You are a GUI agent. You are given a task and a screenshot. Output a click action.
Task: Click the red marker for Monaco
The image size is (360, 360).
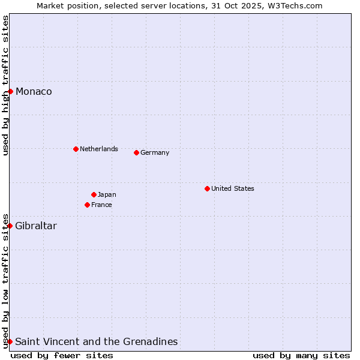point(10,91)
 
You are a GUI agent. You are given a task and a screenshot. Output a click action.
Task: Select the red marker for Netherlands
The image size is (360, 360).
point(76,149)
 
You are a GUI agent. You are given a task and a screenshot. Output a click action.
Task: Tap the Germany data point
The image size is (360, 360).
point(136,152)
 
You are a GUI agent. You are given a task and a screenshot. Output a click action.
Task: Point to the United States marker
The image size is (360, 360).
point(207,188)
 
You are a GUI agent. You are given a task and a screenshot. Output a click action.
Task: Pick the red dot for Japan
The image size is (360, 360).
point(94,194)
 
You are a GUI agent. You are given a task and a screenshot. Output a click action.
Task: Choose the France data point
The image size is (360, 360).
point(87,205)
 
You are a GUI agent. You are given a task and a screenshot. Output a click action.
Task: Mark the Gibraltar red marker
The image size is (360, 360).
point(10,226)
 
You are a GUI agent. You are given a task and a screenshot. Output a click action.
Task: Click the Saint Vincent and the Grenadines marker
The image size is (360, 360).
point(10,341)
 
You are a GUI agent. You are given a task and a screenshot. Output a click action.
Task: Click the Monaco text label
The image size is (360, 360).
point(34,91)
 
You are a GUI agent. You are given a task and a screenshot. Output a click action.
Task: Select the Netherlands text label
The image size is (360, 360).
point(98,149)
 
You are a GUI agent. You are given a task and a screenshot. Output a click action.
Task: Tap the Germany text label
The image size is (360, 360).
point(155,152)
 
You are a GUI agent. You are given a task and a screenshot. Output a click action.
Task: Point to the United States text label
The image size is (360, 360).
point(232,188)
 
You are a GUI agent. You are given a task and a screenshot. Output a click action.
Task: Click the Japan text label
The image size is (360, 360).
point(107,194)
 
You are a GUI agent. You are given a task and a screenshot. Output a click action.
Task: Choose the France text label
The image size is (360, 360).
point(101,205)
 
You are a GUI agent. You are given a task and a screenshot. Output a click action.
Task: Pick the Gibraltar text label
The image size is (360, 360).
point(36,226)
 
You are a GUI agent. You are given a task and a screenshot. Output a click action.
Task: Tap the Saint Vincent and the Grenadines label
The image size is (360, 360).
point(96,341)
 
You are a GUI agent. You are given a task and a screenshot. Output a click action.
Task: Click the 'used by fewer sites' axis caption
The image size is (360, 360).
point(62,355)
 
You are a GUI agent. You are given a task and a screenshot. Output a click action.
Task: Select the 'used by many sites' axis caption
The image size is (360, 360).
point(301,355)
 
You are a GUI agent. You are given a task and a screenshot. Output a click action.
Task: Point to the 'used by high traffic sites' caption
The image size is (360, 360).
point(5,85)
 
